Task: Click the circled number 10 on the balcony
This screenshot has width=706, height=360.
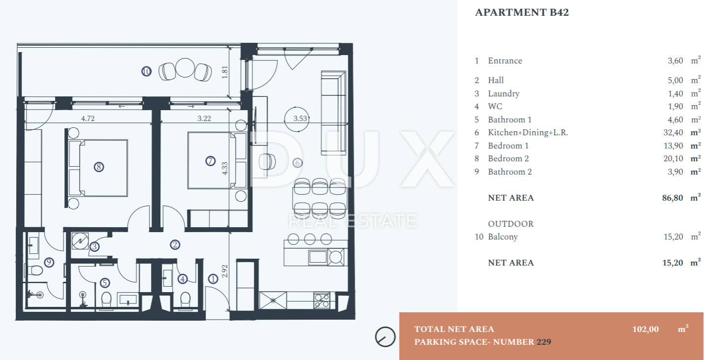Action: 146,71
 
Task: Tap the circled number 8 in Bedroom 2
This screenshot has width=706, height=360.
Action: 99,167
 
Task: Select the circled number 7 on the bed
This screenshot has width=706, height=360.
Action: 210,161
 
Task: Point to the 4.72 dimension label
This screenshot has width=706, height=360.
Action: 88,119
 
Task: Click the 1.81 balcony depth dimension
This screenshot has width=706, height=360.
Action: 224,72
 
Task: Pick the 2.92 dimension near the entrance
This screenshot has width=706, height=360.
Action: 224,271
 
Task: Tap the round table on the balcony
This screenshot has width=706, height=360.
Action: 184,68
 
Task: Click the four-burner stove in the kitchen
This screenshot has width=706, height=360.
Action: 322,300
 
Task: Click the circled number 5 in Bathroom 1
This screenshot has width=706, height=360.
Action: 105,283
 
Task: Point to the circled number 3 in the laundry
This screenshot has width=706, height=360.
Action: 94,246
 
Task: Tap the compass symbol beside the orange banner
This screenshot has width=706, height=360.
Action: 385,337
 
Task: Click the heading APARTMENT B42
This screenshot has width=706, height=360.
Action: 522,12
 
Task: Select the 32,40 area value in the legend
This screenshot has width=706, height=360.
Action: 673,133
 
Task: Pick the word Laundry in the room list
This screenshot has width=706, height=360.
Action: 504,93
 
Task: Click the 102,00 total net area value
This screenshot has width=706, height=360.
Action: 645,329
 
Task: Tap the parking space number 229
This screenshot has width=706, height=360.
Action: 544,342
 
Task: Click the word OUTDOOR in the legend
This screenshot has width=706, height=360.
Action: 511,224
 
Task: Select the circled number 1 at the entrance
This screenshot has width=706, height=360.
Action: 213,279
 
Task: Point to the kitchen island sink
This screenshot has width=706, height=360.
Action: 318,257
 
